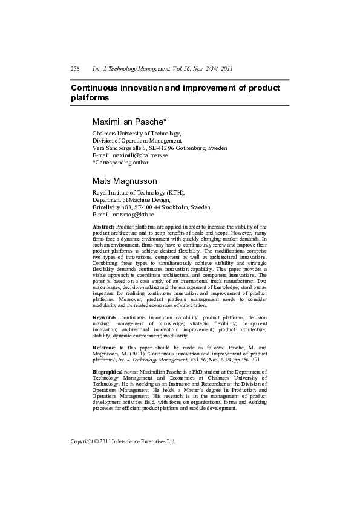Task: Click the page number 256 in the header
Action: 75,70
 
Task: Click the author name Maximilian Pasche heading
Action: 133,122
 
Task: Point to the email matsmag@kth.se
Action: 133,215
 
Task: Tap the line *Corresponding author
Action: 120,163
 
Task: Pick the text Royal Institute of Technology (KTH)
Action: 139,192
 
